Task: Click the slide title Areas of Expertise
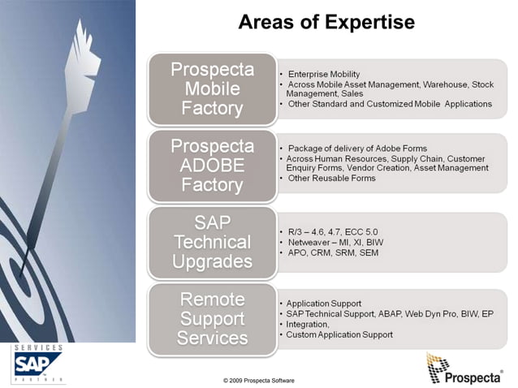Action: click(x=326, y=22)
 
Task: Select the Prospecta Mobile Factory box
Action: click(x=212, y=88)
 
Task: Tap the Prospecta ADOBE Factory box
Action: click(x=212, y=166)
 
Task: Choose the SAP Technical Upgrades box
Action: click(x=212, y=242)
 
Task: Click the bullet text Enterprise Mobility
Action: click(x=324, y=75)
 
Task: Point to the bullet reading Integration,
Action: click(x=308, y=323)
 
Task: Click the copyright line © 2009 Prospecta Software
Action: click(x=259, y=380)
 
